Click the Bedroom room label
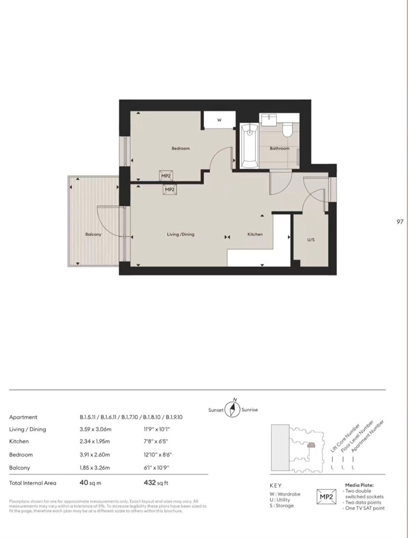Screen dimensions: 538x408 (180, 149)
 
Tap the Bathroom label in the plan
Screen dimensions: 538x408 (280, 149)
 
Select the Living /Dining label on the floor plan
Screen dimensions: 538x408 (180, 234)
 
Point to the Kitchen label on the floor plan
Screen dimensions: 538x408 (255, 234)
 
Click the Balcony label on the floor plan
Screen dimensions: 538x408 (93, 234)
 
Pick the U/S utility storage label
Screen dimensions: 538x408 (310, 239)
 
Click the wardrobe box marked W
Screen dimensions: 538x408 (219, 120)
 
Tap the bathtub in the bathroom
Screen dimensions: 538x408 (248, 146)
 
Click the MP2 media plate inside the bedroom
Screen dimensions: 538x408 (166, 176)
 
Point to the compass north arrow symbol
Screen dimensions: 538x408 (233, 409)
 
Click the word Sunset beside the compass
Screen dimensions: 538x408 (216, 410)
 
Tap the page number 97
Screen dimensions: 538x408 (400, 222)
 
